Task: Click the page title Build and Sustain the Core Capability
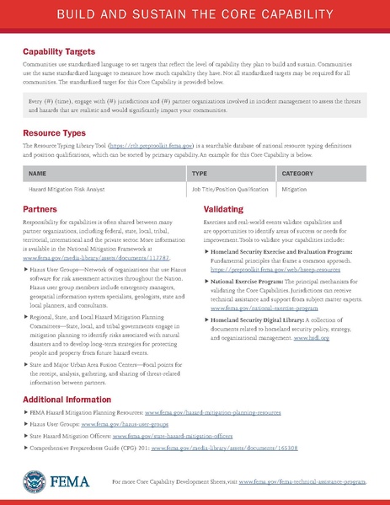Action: coord(195,17)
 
